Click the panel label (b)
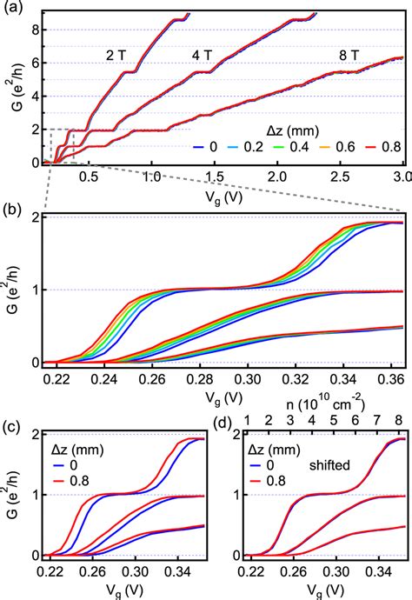[11, 210]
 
